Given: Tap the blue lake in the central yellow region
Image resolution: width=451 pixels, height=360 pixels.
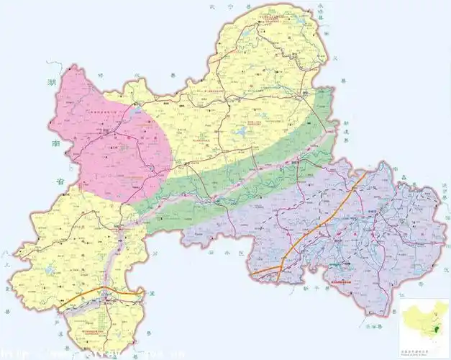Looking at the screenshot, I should (240, 133).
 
